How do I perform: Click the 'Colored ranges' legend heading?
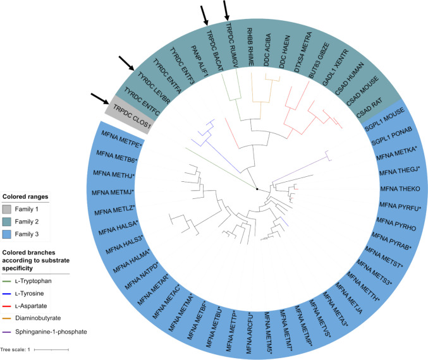(26, 196)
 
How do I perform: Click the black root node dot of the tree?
(257, 189)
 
